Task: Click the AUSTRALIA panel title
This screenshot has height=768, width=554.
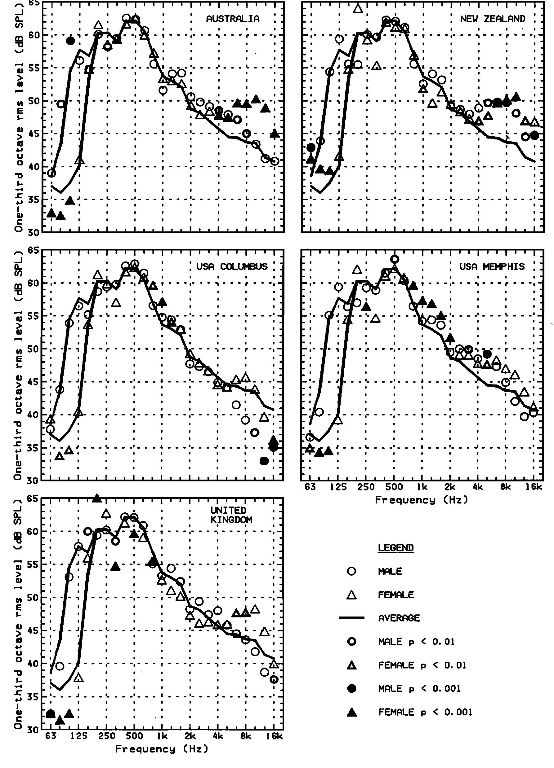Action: tap(233, 19)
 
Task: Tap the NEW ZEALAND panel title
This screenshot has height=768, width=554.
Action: tap(492, 19)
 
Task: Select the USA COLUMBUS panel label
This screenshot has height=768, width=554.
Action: tap(232, 266)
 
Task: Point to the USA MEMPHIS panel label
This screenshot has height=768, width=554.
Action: tap(492, 266)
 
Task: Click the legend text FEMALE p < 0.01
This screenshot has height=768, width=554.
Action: tap(422, 665)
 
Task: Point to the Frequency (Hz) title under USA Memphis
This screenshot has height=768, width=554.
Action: tap(421, 500)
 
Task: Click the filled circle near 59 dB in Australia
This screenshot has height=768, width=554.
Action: tap(70, 41)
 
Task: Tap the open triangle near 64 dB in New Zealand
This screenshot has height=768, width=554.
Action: tap(358, 8)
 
